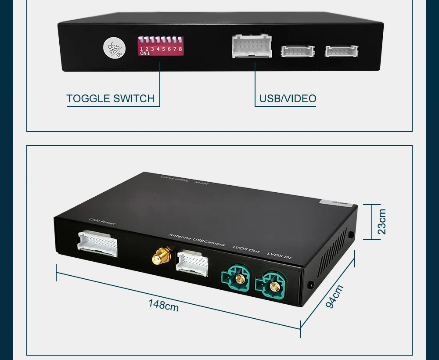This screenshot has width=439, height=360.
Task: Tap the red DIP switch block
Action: (160, 45)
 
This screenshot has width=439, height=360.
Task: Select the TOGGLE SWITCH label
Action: (110, 99)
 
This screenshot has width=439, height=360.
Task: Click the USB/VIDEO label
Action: (288, 99)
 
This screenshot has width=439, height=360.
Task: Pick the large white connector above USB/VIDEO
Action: (252, 46)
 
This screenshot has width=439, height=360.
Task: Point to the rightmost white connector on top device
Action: (341, 51)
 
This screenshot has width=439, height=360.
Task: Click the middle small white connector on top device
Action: (298, 51)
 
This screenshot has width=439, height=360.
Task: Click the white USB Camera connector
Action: (192, 263)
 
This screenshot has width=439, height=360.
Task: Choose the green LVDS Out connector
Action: (238, 277)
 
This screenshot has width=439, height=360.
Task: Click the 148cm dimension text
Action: (163, 305)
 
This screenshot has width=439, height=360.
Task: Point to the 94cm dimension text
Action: (335, 296)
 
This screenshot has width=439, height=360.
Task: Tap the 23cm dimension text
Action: (382, 222)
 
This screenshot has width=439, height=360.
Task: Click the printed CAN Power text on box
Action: (102, 222)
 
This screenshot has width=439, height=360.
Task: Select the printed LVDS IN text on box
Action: (279, 255)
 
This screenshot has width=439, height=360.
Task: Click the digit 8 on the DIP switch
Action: (180, 49)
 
